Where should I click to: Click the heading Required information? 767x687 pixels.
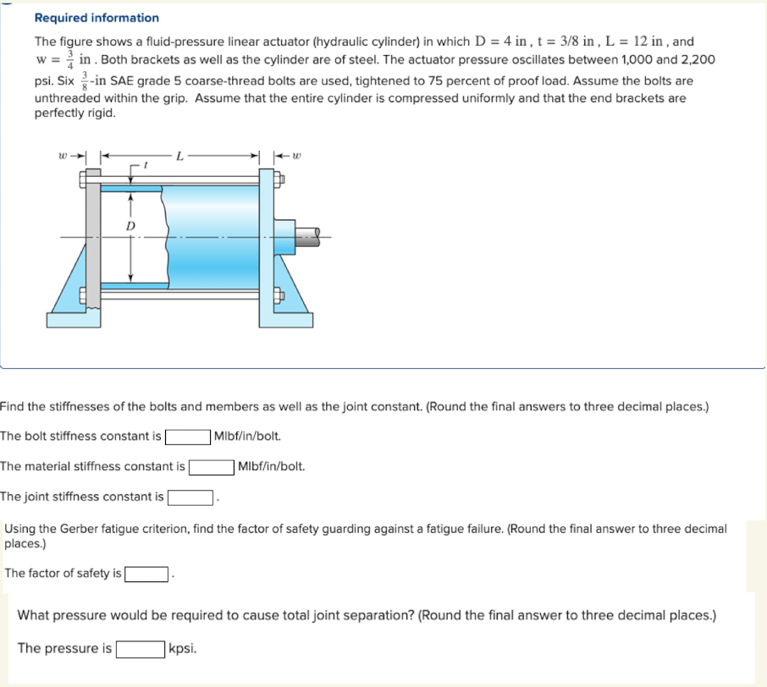(x=96, y=18)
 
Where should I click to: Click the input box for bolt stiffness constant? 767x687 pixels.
(x=188, y=437)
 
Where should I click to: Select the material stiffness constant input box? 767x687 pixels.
(x=212, y=467)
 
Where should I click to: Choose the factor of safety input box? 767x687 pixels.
(x=146, y=574)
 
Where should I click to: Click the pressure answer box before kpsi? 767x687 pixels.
(x=140, y=649)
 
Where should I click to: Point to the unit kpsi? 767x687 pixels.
(x=184, y=649)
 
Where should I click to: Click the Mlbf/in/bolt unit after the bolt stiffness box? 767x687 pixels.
(x=248, y=437)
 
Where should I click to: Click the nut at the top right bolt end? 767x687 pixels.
(x=287, y=179)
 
